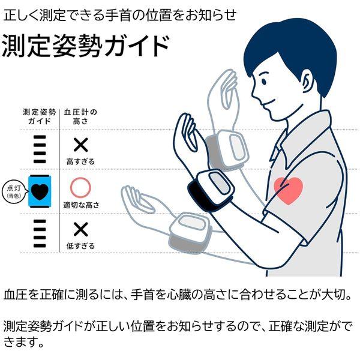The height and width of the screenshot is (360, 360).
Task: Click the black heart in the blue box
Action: click(40, 190)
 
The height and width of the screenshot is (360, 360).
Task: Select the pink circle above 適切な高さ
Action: click(80, 188)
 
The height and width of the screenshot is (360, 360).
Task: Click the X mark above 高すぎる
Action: click(80, 145)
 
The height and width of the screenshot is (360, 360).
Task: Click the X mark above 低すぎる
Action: click(80, 230)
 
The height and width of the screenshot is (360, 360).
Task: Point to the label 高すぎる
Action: click(80, 162)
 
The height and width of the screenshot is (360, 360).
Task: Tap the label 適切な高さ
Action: click(80, 205)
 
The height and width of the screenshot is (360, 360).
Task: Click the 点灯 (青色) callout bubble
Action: click(13, 190)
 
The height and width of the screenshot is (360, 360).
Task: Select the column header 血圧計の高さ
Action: click(80, 116)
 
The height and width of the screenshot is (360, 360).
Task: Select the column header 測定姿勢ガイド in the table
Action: click(40, 116)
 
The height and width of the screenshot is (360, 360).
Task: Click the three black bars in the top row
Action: click(40, 148)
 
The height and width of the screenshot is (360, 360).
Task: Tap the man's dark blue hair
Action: click(288, 45)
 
